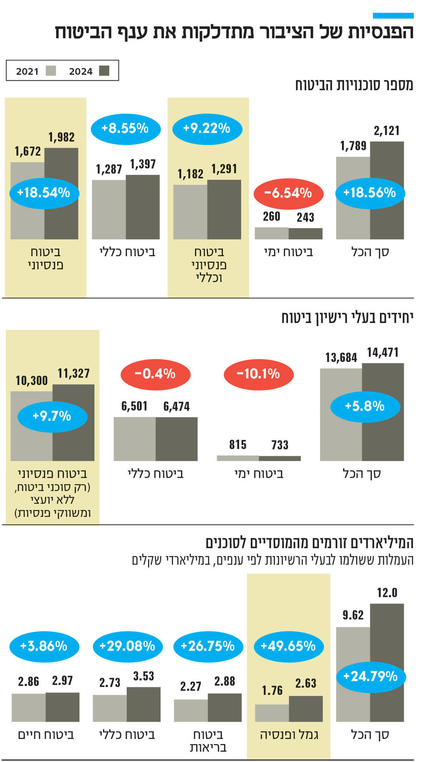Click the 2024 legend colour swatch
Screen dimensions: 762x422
point(104,71)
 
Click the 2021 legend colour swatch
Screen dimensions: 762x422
point(51,71)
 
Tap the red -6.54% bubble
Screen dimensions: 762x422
point(288,193)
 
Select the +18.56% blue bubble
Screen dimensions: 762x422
point(370,193)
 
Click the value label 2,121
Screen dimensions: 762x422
point(387,131)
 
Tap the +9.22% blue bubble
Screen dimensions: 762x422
point(207,129)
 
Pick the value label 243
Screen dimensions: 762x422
point(305,217)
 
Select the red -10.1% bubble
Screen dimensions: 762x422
point(258,374)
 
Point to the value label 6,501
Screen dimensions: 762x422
point(134,407)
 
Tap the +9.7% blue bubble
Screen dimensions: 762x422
point(52,416)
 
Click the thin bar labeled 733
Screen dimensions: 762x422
point(280,458)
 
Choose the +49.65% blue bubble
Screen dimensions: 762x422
point(288,646)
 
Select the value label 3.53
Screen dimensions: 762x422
point(143,676)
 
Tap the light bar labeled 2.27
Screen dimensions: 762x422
point(191,711)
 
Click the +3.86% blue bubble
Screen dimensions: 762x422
point(44,646)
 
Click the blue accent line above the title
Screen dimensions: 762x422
point(393,16)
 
